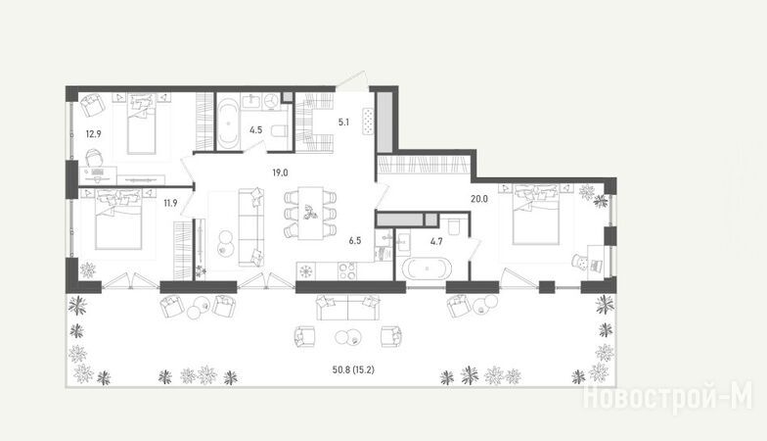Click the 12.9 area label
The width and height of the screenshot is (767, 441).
[93, 133]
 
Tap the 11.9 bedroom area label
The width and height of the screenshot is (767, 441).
[170, 203]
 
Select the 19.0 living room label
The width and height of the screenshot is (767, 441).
[280, 172]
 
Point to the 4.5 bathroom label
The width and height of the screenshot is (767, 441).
[256, 129]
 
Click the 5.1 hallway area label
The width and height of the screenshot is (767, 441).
[343, 122]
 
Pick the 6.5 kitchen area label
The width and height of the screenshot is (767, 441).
[355, 241]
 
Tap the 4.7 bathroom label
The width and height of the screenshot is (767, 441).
[436, 241]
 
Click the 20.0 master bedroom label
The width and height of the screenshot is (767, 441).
[479, 199]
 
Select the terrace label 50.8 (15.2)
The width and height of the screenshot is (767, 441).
[353, 370]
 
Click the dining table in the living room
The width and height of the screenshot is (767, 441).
[311, 214]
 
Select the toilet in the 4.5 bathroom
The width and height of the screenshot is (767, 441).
[279, 131]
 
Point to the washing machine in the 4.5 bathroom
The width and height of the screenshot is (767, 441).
[270, 100]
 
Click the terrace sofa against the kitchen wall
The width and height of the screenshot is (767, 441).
[348, 308]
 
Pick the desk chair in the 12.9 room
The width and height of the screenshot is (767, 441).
[95, 159]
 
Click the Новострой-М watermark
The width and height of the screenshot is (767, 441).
[667, 396]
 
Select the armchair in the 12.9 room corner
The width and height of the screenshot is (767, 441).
[92, 104]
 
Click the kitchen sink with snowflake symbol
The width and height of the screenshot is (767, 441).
[306, 270]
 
